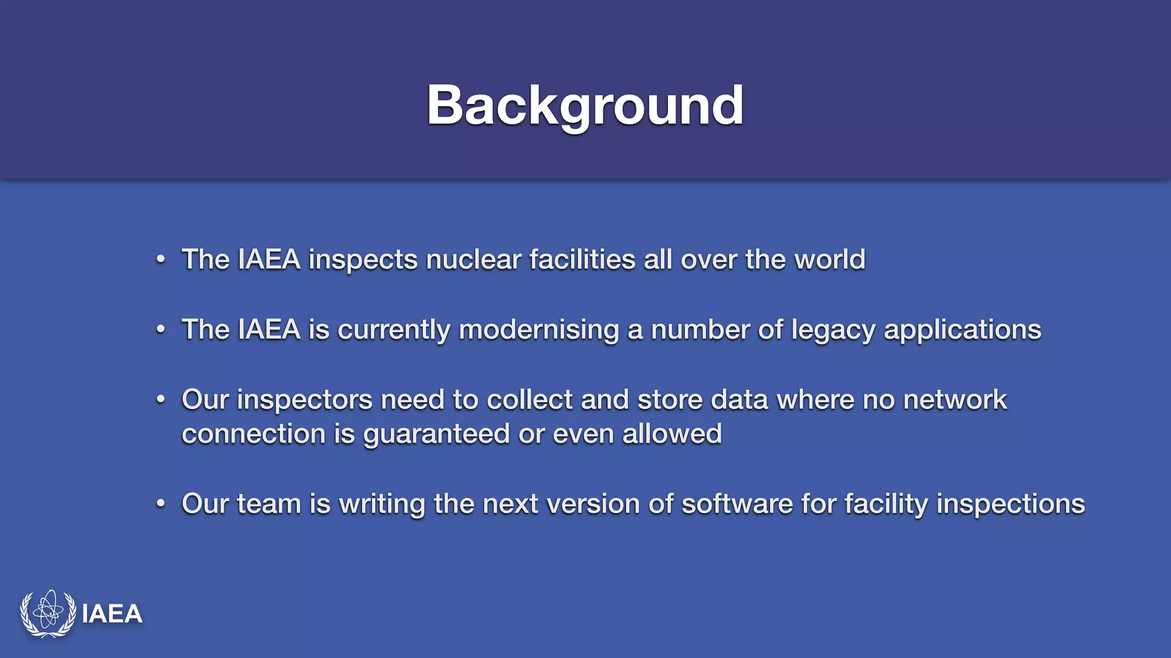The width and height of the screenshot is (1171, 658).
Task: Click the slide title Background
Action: coord(585,105)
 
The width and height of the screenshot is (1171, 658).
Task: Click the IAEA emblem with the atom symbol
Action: coord(48,613)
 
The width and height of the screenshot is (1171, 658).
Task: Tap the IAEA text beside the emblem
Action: coord(112,614)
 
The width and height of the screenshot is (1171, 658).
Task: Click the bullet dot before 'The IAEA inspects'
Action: coord(161,260)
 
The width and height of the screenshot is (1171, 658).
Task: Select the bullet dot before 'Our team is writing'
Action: coord(161,504)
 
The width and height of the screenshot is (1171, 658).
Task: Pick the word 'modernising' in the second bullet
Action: coord(539,330)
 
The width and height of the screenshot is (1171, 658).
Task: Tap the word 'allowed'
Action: coord(672,434)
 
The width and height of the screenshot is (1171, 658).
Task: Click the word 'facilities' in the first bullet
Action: coord(582,260)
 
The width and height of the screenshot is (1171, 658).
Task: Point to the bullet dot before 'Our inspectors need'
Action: coord(161,400)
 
